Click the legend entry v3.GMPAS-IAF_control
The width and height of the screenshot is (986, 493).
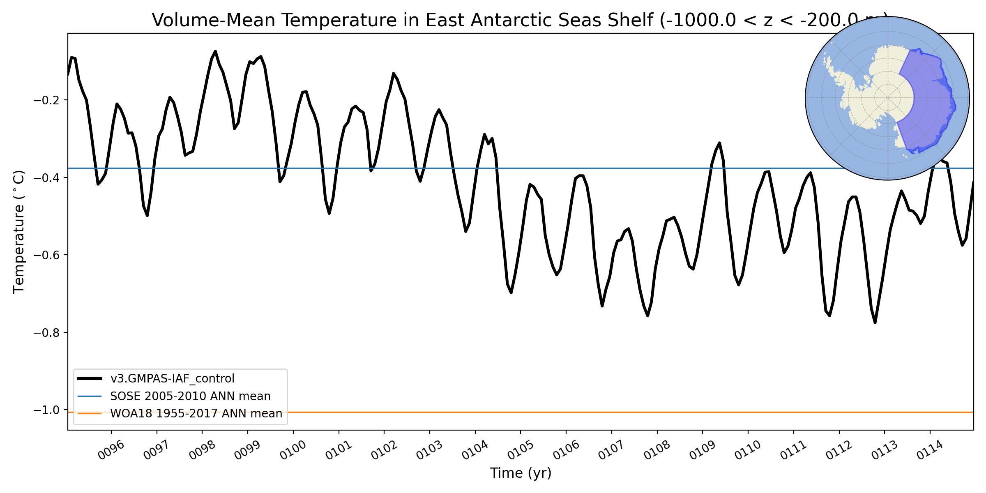[x=172, y=378]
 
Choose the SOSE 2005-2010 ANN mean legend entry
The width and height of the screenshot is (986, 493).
[x=190, y=396]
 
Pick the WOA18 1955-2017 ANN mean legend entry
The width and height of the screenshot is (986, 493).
[x=196, y=413]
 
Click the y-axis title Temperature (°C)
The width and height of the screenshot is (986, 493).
[x=19, y=232]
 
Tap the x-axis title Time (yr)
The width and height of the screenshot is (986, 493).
[x=521, y=473]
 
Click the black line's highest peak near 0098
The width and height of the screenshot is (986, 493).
[x=215, y=51]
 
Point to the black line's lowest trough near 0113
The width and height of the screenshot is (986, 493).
[x=875, y=323]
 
